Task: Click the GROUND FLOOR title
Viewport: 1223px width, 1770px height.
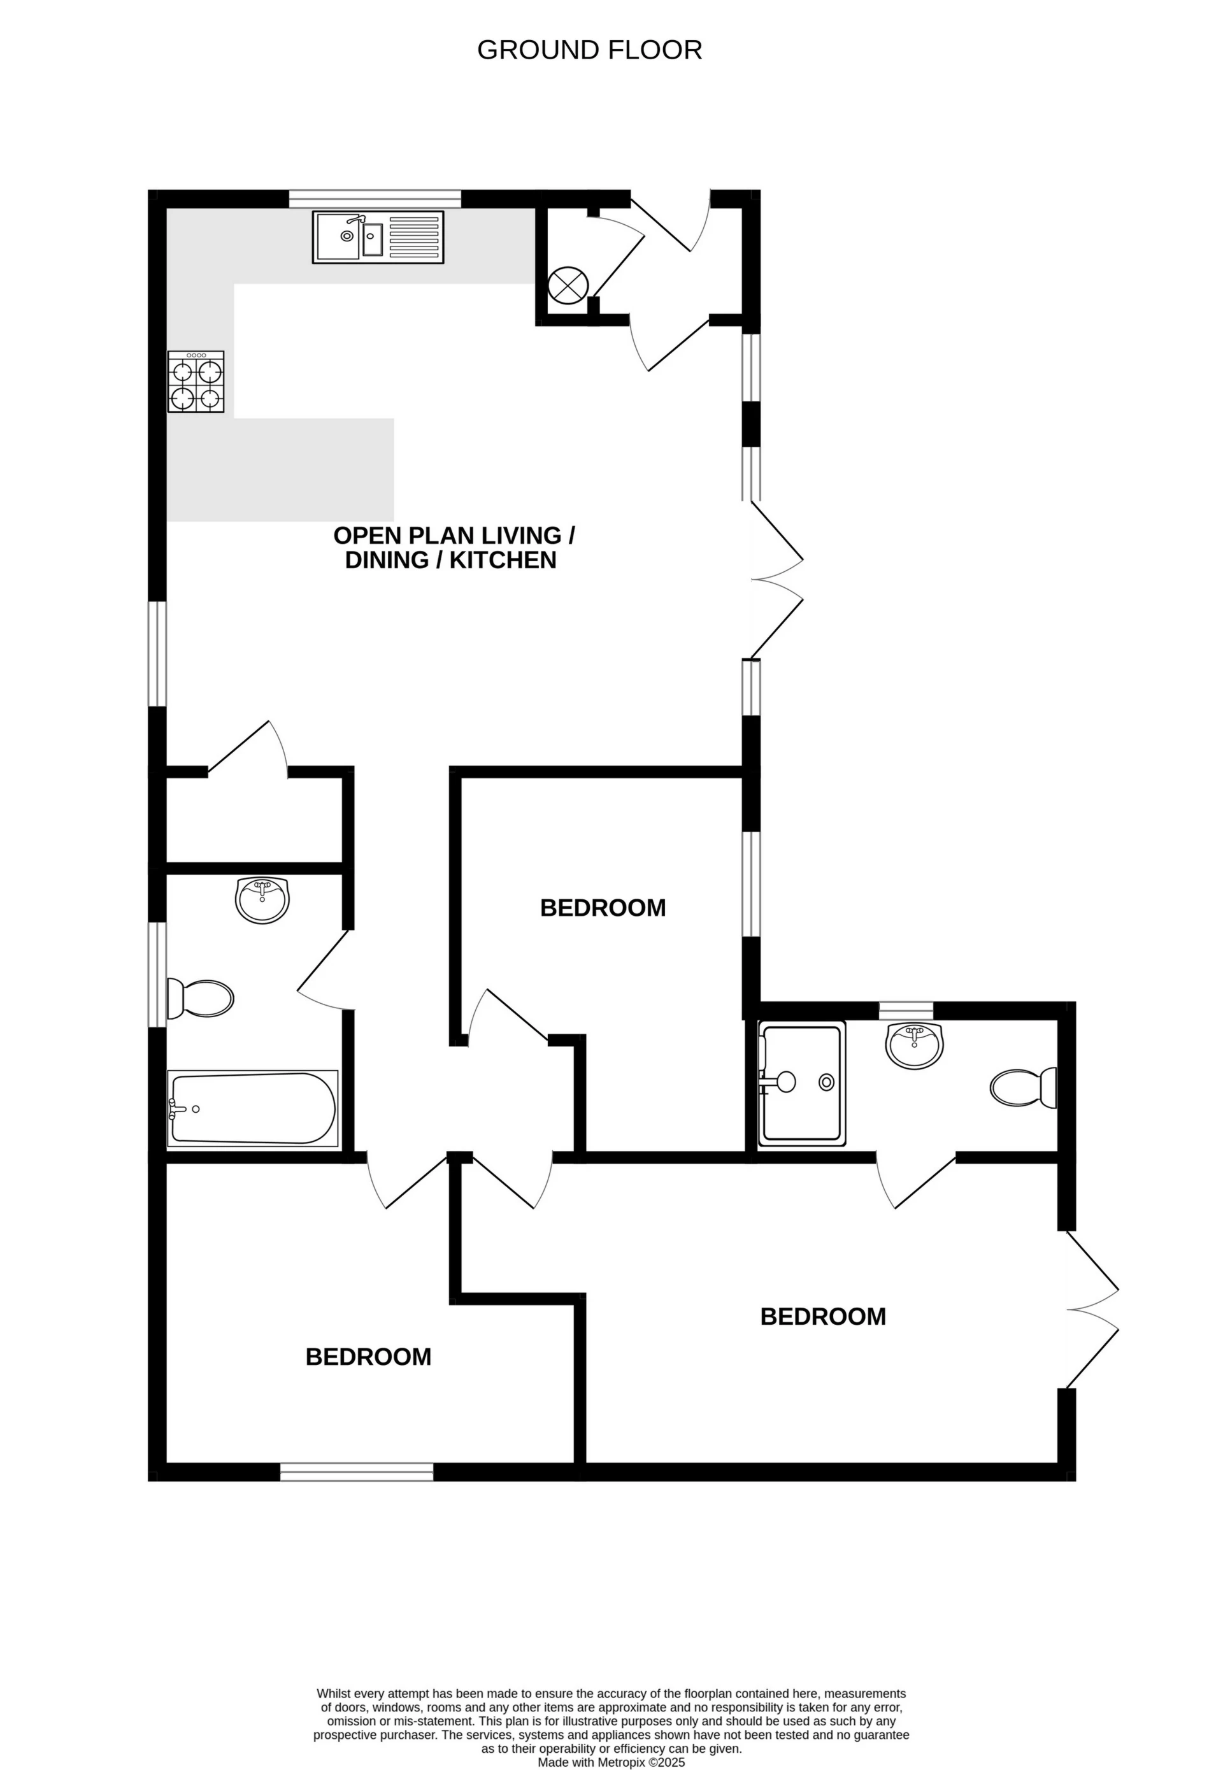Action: pyautogui.click(x=589, y=50)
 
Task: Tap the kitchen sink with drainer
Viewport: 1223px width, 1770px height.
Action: pyautogui.click(x=378, y=238)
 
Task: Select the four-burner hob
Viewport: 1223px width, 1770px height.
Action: pyautogui.click(x=196, y=382)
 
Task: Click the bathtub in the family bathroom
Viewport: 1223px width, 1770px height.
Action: pyautogui.click(x=252, y=1109)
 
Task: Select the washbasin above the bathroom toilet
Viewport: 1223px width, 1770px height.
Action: pyautogui.click(x=262, y=901)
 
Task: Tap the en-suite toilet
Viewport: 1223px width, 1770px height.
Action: pyautogui.click(x=1024, y=1087)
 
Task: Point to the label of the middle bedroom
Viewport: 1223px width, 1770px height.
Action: pyautogui.click(x=603, y=908)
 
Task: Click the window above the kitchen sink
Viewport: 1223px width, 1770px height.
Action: pyautogui.click(x=375, y=199)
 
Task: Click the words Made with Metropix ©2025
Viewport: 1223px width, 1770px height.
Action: pyautogui.click(x=611, y=1741)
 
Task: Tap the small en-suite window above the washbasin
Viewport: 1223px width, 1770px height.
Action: pyautogui.click(x=906, y=1010)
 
